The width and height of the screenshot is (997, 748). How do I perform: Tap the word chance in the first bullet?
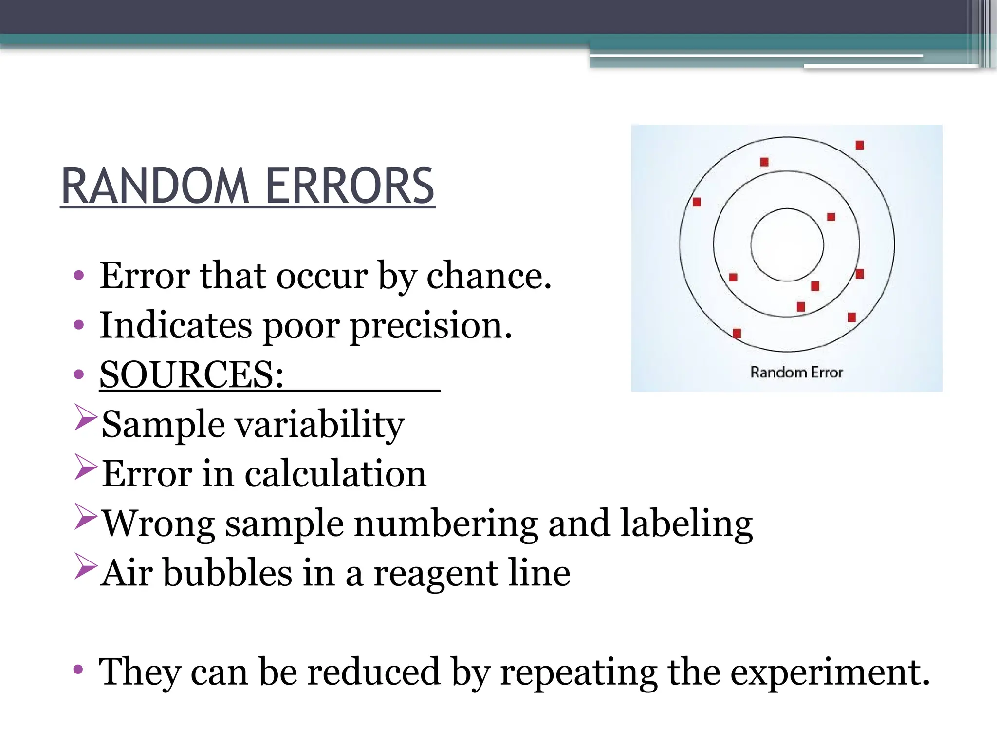tap(488, 276)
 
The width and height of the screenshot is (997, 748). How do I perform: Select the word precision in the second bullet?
tap(431, 325)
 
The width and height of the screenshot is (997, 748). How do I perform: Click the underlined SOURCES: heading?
tap(191, 374)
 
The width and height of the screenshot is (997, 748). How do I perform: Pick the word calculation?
tap(335, 473)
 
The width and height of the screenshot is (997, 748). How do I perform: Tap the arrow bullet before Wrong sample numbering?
tap(86, 517)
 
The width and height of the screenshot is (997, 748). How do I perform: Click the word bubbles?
tap(227, 573)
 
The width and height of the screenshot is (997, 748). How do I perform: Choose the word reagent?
tap(436, 574)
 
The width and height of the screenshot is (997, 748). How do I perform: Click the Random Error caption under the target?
tap(796, 373)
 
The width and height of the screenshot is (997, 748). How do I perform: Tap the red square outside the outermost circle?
tap(860, 145)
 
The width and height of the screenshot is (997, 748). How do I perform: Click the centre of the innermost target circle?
tap(787, 244)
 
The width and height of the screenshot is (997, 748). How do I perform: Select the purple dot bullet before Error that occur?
tap(79, 276)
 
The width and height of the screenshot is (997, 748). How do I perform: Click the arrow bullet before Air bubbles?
tap(86, 566)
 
